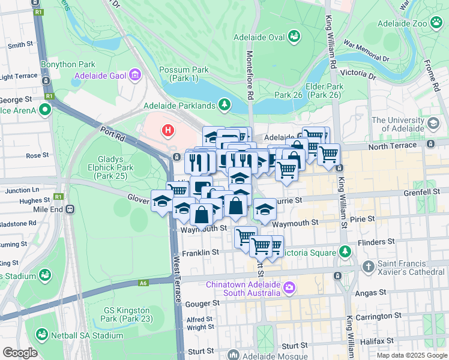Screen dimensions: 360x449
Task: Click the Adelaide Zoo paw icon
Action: tap(436, 24)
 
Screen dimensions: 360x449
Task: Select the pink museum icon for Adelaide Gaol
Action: tap(135, 76)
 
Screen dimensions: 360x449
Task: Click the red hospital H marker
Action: tap(168, 129)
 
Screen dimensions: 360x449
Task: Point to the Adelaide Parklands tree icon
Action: tap(224, 106)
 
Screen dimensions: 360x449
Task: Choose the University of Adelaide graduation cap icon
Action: tap(432, 124)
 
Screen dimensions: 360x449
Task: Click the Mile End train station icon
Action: tap(70, 210)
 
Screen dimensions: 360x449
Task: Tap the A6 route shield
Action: tap(143, 283)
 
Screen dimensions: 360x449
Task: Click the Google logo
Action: tap(20, 353)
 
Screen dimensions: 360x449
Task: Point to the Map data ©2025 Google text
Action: tap(411, 355)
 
